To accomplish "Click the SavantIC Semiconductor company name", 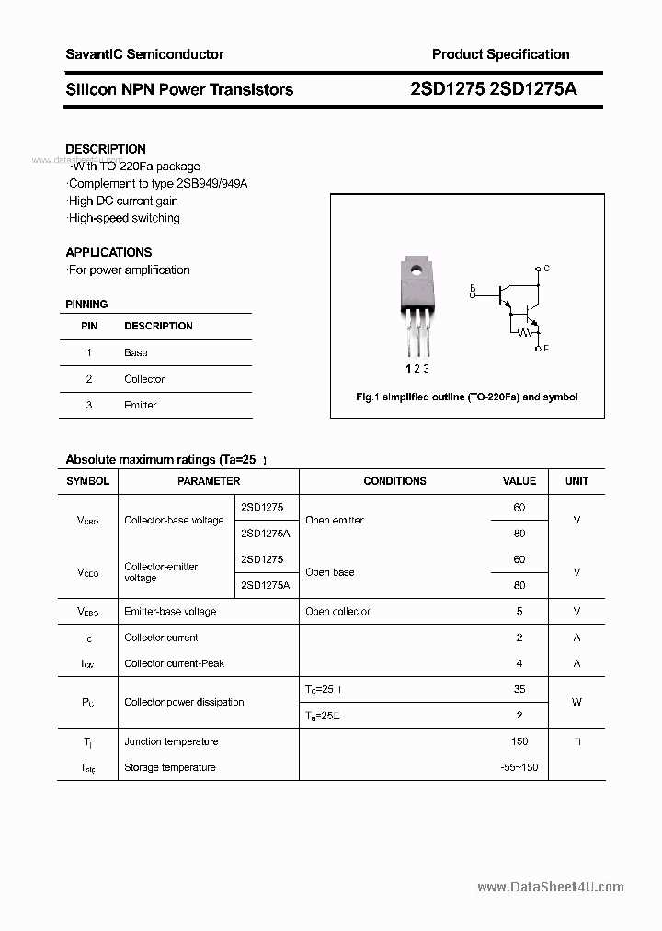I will pyautogui.click(x=144, y=54).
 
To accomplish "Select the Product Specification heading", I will pyautogui.click(x=500, y=54).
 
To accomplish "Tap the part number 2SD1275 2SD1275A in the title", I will pyautogui.click(x=494, y=89).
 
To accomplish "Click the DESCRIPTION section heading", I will pyautogui.click(x=106, y=149).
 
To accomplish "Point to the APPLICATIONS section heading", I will pyautogui.click(x=108, y=252).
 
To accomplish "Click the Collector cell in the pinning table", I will pyautogui.click(x=144, y=379).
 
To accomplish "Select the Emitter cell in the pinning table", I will pyautogui.click(x=141, y=405).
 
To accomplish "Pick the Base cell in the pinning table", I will pyautogui.click(x=136, y=352).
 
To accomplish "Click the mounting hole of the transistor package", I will pyautogui.click(x=416, y=270).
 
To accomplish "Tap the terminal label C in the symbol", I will pyautogui.click(x=547, y=269).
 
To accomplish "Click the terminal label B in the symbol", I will pyautogui.click(x=473, y=287).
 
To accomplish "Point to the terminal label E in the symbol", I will pyautogui.click(x=547, y=349).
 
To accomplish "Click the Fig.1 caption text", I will pyautogui.click(x=466, y=397).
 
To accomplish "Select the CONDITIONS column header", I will pyautogui.click(x=394, y=481).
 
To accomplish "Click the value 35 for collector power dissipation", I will pyautogui.click(x=519, y=688).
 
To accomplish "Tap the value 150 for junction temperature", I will pyautogui.click(x=519, y=741).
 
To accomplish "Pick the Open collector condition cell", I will pyautogui.click(x=337, y=611).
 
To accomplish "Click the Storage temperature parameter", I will pyautogui.click(x=170, y=767).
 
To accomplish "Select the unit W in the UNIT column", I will pyautogui.click(x=576, y=702).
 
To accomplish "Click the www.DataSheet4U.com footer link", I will pyautogui.click(x=551, y=887).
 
